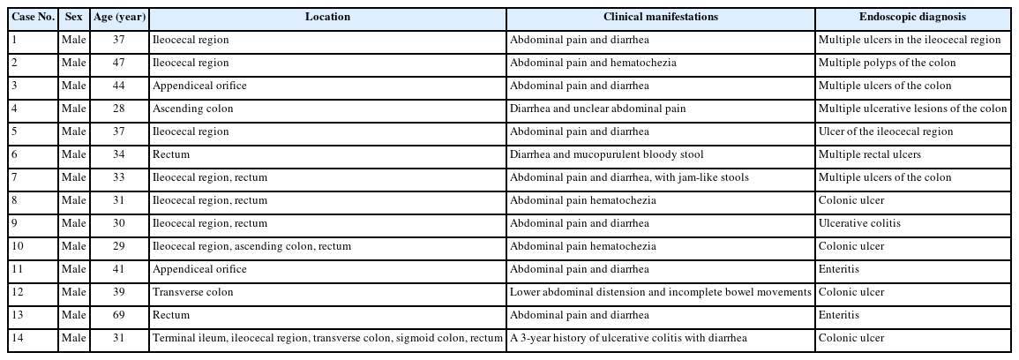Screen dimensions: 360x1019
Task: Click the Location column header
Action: point(327,17)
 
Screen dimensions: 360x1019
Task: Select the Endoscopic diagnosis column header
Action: point(912,17)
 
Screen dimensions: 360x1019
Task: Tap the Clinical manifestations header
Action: point(660,17)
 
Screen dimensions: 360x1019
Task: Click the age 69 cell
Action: point(119,315)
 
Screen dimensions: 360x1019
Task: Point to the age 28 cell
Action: point(119,109)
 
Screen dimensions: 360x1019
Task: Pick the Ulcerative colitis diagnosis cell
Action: point(859,223)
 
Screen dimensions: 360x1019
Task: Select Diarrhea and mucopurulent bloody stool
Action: point(606,154)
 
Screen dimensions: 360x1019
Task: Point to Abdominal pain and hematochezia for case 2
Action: point(588,63)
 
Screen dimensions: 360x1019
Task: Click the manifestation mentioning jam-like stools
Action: point(629,177)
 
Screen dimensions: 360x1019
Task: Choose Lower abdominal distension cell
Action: point(660,292)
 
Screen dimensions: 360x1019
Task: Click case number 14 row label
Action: point(18,338)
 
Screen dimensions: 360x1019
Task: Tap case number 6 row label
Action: point(15,154)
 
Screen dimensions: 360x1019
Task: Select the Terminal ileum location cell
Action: point(327,338)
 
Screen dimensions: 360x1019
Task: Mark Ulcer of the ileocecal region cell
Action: point(885,131)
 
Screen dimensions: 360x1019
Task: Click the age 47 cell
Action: point(119,63)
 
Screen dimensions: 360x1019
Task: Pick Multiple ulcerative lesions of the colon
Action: point(912,109)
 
